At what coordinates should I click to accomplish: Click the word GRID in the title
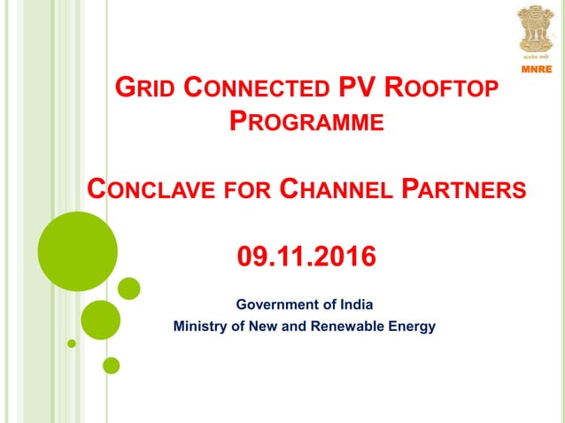[x=145, y=90]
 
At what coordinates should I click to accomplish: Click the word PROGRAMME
[x=306, y=121]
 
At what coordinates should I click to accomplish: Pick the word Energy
[x=414, y=327]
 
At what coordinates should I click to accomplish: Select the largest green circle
[x=78, y=251]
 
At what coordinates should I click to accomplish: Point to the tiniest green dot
[x=72, y=342]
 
